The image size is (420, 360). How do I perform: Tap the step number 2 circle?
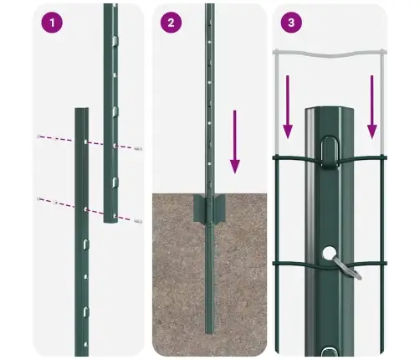click(171, 23)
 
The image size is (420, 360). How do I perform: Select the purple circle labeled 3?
click(291, 23)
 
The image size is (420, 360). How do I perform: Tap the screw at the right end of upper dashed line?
click(137, 148)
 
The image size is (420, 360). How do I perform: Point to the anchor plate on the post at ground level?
click(209, 210)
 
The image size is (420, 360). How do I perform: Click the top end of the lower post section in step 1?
click(81, 111)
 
